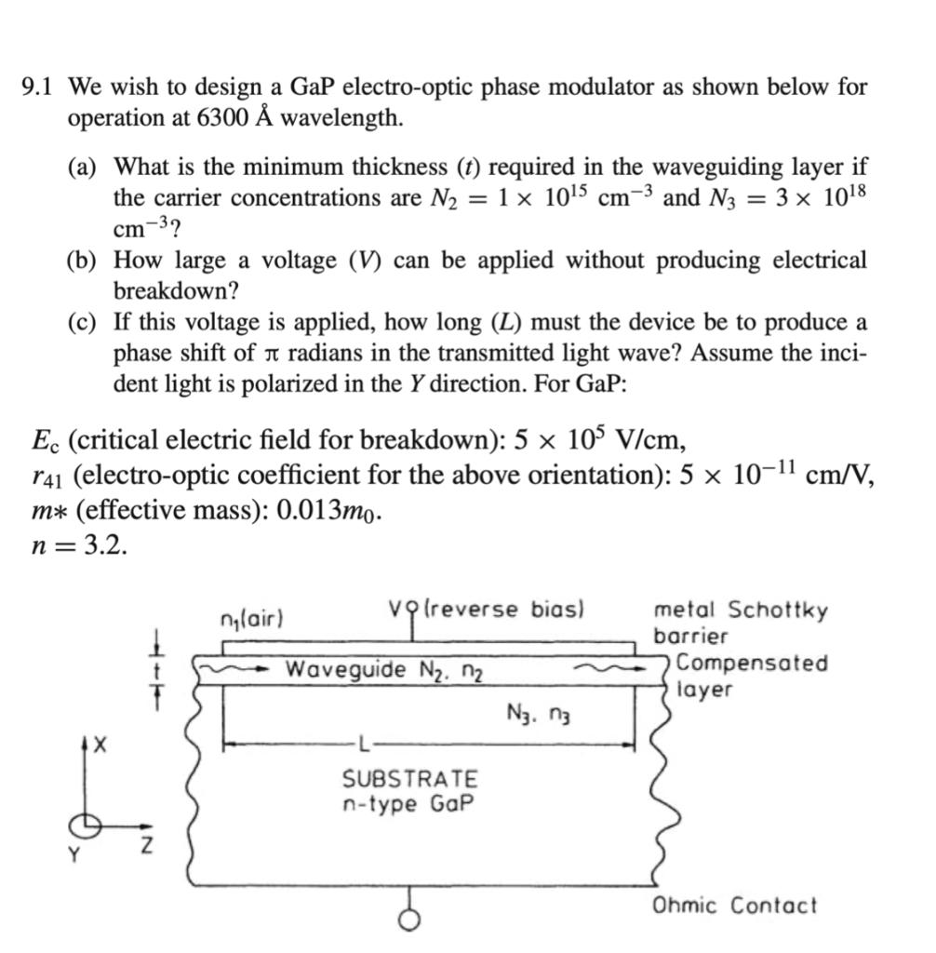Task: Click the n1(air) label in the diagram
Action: click(x=251, y=618)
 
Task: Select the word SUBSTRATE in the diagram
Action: click(x=409, y=778)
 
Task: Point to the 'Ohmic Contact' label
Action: click(x=734, y=905)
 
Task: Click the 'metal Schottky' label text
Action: click(x=741, y=611)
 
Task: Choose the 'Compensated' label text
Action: click(x=752, y=664)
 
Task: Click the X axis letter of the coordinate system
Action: click(x=100, y=745)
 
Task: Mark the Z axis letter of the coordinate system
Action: click(x=146, y=849)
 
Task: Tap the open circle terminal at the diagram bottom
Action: click(x=408, y=919)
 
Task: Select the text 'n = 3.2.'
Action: click(x=78, y=545)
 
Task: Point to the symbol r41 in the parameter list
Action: click(x=46, y=476)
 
